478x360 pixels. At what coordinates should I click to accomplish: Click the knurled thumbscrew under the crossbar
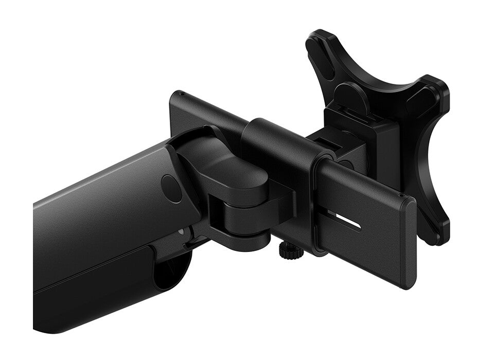[286, 250]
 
